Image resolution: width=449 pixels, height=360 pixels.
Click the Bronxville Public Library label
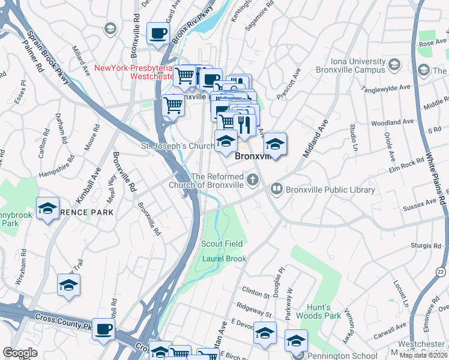point(331,190)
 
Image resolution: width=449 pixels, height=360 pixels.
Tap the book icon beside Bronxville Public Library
point(277,189)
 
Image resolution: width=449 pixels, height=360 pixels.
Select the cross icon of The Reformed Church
point(253,179)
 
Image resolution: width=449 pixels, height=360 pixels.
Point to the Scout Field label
point(222,244)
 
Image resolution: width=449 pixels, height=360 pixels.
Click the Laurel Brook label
point(224,259)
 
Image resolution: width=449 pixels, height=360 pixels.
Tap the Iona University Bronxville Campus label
point(358,66)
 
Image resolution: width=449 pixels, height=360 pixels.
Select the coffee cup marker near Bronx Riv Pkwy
point(158,34)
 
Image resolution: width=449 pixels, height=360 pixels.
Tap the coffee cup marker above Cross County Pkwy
point(104,329)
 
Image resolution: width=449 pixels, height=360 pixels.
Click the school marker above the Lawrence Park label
point(47,208)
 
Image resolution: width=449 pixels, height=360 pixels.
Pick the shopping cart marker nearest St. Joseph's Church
point(173,106)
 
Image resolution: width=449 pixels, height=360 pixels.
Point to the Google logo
point(20,353)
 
